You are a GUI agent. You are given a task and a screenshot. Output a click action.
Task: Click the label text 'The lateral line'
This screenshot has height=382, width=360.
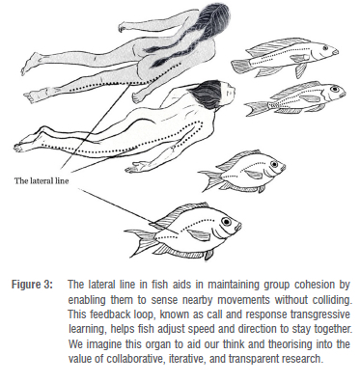(x=42, y=180)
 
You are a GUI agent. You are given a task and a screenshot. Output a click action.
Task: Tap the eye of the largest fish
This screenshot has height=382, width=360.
(x=226, y=222)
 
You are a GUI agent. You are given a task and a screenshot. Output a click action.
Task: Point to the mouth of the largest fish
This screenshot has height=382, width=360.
(x=238, y=226)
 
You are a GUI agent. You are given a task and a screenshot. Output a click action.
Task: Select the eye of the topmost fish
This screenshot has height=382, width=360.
(x=325, y=47)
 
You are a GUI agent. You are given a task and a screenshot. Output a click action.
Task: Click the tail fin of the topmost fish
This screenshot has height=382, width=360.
(x=239, y=66)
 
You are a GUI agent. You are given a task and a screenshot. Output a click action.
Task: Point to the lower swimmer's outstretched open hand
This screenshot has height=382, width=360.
(x=136, y=166)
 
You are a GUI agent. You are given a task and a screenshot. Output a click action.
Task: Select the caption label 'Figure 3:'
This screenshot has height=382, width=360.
(x=32, y=285)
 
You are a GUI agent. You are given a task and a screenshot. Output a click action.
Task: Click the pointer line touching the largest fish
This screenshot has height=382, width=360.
(x=128, y=211)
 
